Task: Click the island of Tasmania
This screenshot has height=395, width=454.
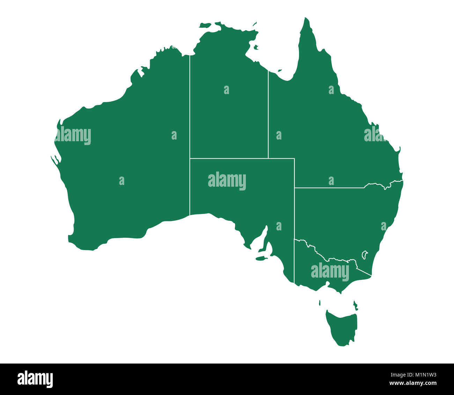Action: [x=342, y=327]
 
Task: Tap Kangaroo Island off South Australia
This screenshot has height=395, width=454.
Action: [x=261, y=259]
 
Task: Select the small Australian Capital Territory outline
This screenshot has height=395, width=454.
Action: [x=364, y=254]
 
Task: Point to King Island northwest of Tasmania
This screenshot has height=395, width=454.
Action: [x=320, y=302]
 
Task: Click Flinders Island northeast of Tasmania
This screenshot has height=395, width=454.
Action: [x=355, y=305]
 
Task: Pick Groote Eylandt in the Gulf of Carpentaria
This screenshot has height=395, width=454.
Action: [x=256, y=47]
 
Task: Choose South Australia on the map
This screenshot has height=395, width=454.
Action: [x=244, y=199]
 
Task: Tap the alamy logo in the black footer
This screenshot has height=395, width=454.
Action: [x=35, y=379]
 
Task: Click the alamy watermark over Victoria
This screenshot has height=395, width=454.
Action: [x=330, y=272]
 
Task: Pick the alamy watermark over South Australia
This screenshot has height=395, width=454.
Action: [x=227, y=181]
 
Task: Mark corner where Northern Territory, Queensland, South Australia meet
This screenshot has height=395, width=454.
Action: [x=268, y=158]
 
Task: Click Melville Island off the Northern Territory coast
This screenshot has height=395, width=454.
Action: [x=206, y=25]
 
